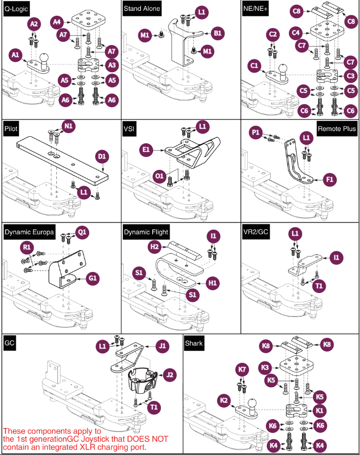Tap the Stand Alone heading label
point(142,8)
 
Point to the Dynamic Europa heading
point(29,232)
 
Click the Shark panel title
point(194,343)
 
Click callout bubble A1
point(16,55)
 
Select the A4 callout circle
point(58,22)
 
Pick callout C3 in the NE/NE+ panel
point(351,76)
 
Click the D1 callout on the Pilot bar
point(102,157)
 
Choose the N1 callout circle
point(69,126)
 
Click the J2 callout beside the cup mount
point(170,375)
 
